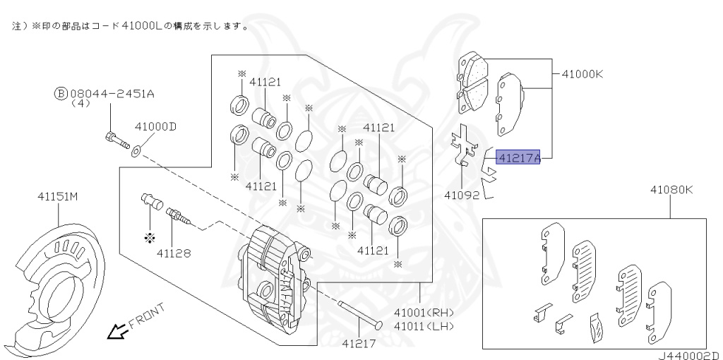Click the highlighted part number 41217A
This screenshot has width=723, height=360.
518,159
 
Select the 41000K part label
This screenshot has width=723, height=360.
582,73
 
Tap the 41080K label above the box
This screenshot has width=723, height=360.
671,190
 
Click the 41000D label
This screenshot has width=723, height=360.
155,127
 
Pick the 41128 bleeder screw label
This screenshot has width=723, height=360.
174,252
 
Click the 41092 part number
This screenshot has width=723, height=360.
462,195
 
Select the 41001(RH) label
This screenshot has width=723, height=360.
424,312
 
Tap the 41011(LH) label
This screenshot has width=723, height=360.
424,325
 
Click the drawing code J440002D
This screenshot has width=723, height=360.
689,355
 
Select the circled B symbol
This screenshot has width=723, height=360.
61,92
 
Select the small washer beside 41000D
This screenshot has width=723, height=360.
136,150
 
